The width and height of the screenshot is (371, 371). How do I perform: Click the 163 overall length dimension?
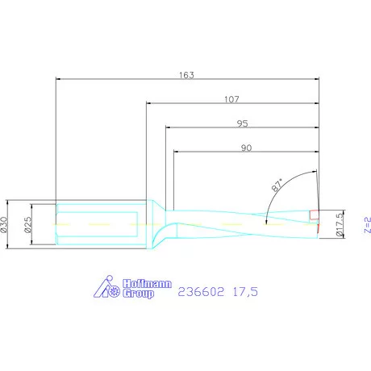click(x=186, y=73)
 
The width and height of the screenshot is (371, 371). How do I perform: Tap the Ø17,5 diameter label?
click(x=340, y=223)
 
